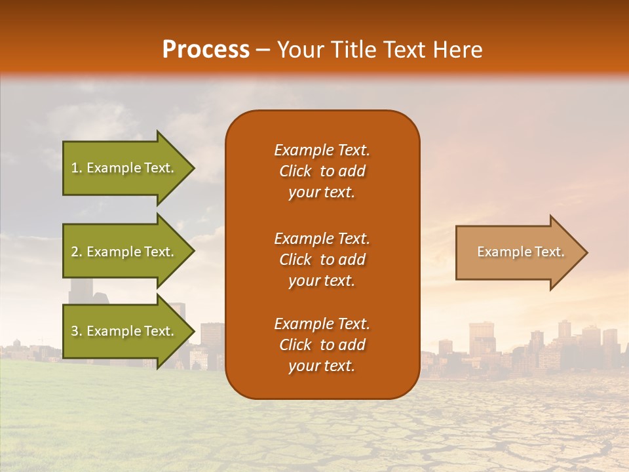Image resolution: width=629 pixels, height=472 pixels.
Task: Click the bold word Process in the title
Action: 206,49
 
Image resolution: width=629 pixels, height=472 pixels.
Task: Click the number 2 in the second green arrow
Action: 75,252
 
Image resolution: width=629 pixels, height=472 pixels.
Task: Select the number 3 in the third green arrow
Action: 75,331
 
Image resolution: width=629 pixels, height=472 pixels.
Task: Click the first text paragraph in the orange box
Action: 322,171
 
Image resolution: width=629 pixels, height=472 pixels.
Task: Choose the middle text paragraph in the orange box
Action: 322,260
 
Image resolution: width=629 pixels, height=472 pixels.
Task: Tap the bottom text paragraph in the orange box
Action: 322,345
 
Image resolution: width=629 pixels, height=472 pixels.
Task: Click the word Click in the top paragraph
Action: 295,171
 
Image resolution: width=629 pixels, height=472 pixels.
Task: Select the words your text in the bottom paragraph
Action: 322,366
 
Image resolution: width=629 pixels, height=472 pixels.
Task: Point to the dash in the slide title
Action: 263,50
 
